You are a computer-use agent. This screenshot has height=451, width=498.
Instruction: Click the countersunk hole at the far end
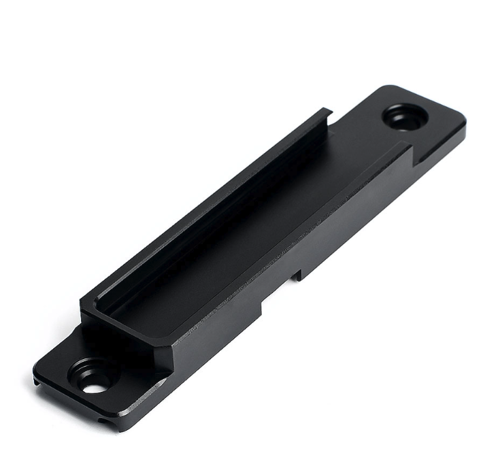405,117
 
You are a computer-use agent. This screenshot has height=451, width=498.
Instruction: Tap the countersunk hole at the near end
93,378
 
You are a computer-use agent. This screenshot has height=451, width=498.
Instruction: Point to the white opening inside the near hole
94,387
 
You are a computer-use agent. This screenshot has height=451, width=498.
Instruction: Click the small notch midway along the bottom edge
297,275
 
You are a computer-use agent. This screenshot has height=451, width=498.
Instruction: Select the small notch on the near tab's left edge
35,382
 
